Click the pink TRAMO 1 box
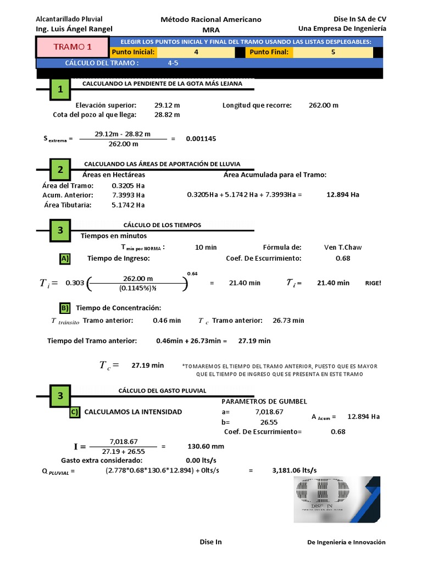click(x=73, y=47)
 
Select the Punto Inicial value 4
click(x=196, y=52)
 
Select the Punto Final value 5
click(x=333, y=52)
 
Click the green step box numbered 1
click(x=60, y=89)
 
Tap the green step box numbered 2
click(x=60, y=170)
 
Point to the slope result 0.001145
click(x=201, y=139)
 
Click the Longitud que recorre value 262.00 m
click(x=324, y=105)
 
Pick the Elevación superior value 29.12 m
click(x=167, y=105)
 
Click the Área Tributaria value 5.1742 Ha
click(x=128, y=205)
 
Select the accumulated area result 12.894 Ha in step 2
click(x=343, y=195)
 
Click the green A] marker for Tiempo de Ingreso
click(x=65, y=258)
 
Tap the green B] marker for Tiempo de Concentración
click(x=65, y=308)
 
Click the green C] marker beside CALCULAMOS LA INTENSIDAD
click(x=75, y=412)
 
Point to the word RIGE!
click(x=373, y=283)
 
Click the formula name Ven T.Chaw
click(x=343, y=247)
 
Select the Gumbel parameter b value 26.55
click(x=269, y=422)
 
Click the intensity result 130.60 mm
click(x=206, y=446)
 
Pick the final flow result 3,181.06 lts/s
click(x=295, y=470)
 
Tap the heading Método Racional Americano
click(x=210, y=19)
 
